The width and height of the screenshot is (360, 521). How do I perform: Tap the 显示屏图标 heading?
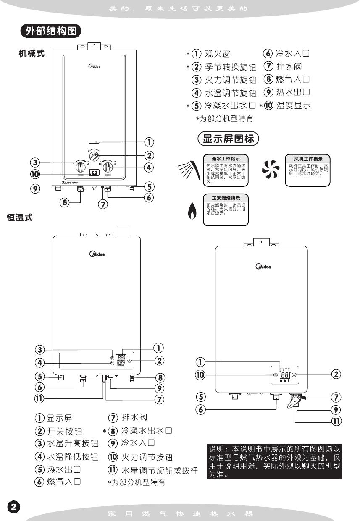228,139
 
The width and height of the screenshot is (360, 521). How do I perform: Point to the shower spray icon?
187,170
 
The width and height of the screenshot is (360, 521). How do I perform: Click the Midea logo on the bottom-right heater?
263,266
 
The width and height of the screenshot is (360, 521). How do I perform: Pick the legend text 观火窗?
217,54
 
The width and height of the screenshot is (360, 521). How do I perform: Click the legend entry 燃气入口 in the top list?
293,79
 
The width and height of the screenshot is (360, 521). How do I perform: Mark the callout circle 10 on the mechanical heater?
35,173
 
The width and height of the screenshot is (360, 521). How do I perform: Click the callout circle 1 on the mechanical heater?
149,142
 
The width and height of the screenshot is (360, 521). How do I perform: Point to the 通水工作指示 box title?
226,159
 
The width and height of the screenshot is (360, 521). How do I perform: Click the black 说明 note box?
274,461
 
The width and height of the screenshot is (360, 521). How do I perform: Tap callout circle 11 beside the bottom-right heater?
336,421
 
